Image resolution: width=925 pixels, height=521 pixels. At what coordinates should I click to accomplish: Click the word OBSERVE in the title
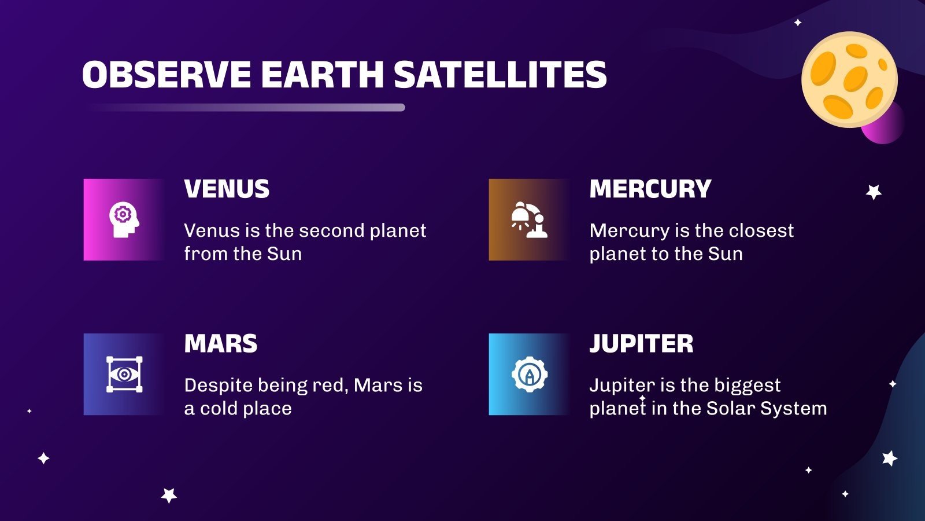click(x=166, y=75)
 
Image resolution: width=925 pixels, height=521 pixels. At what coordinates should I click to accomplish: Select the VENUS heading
click(x=227, y=189)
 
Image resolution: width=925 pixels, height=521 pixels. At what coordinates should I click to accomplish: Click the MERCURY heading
click(x=650, y=189)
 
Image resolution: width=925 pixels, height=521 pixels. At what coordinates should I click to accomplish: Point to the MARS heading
click(x=220, y=344)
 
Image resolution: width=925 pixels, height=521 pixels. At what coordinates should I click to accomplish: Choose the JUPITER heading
click(x=641, y=344)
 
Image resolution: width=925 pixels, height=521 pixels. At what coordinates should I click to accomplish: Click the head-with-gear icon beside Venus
click(x=124, y=219)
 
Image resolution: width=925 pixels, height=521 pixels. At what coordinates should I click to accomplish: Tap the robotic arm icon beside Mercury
click(x=529, y=219)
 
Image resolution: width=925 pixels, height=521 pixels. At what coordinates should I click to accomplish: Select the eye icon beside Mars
click(x=124, y=375)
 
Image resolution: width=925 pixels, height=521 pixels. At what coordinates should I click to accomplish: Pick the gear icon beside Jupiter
click(x=529, y=375)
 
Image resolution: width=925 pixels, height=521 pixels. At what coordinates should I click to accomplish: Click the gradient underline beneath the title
click(x=246, y=107)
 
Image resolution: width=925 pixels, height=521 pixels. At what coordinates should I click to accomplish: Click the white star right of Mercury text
click(x=874, y=192)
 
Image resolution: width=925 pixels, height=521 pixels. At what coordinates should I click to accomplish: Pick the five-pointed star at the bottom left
click(x=169, y=496)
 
